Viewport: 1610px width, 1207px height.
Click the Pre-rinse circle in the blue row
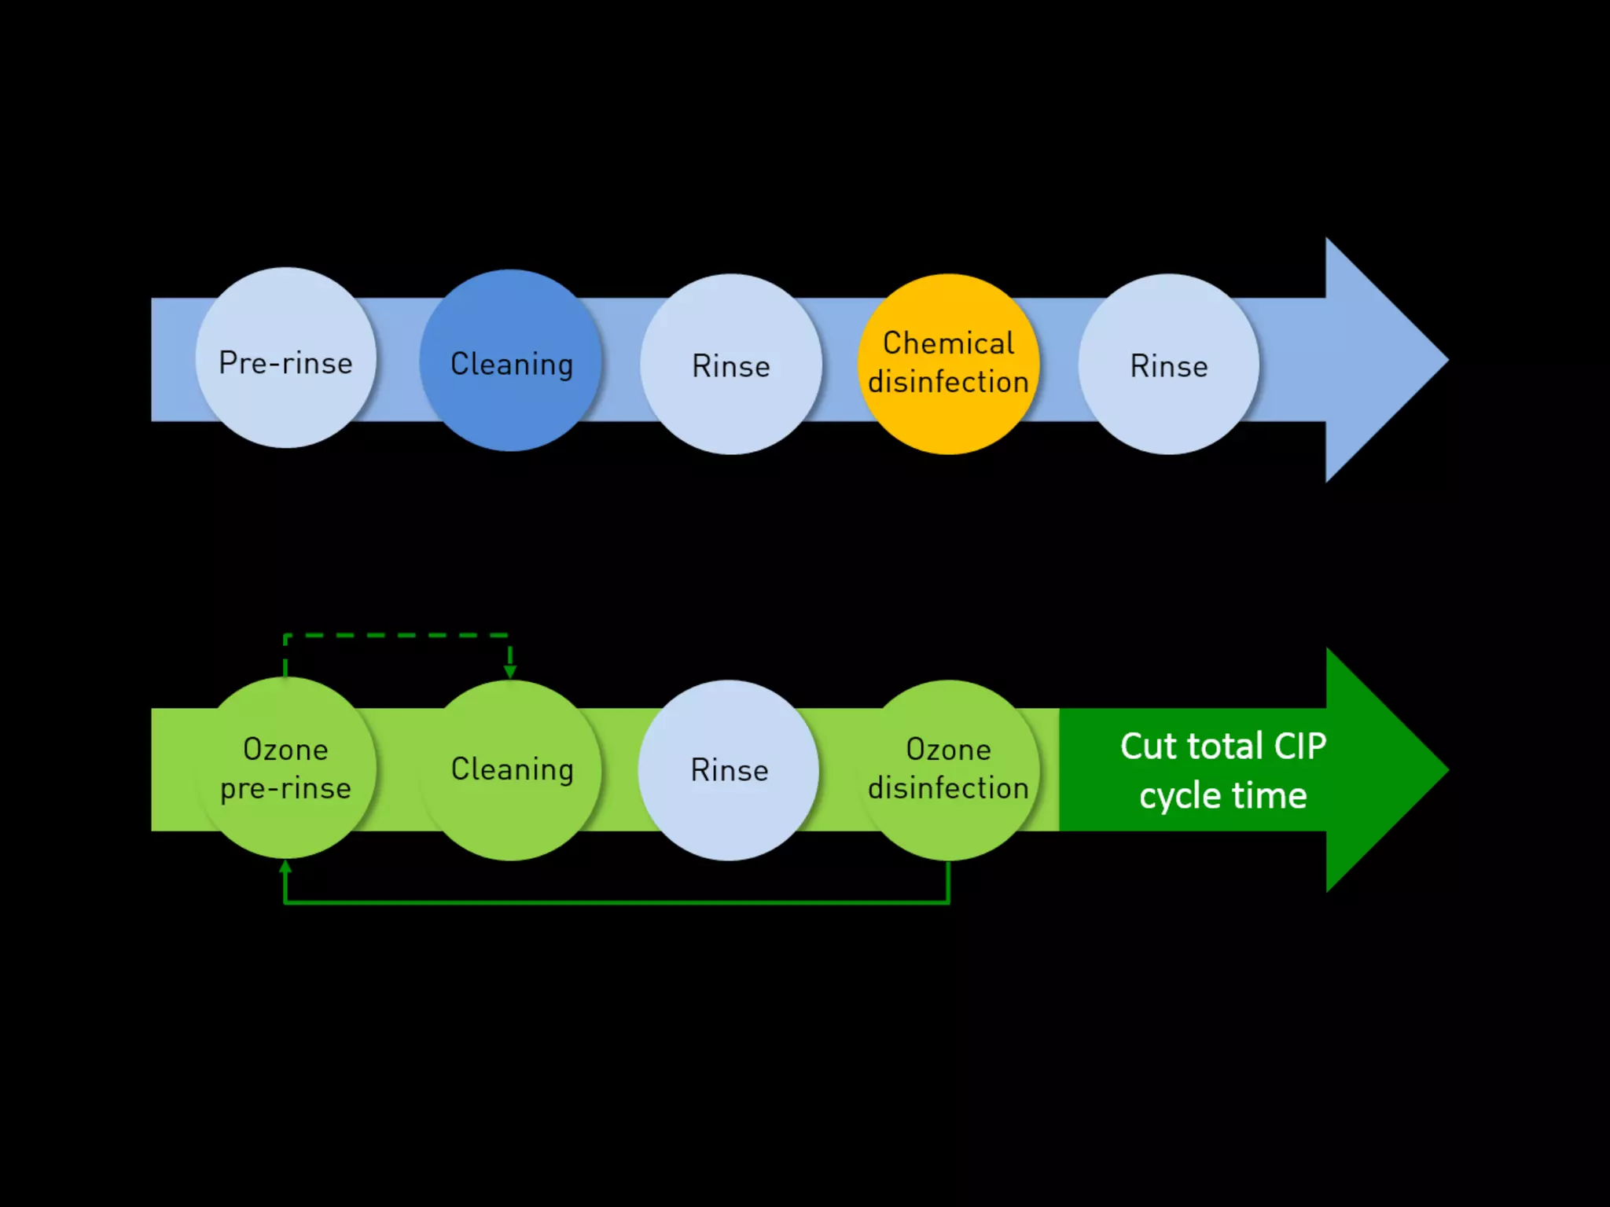point(285,358)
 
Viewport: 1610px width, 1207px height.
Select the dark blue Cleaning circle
point(510,360)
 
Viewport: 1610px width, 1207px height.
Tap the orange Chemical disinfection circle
point(948,363)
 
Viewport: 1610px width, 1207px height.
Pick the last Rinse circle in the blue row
point(1168,364)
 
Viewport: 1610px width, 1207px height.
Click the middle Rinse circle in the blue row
point(730,364)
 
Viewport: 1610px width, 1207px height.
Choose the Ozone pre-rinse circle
point(285,768)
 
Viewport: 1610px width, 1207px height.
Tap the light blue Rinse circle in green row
point(728,769)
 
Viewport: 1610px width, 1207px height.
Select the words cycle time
point(1222,796)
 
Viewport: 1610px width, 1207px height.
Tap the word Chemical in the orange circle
point(948,343)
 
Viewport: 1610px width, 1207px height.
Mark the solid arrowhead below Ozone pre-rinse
point(285,867)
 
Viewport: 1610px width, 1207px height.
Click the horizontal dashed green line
point(397,635)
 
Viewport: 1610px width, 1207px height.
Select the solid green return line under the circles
point(617,902)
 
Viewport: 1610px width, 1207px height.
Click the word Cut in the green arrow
point(1151,746)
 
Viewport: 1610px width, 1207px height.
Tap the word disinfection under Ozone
point(948,788)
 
